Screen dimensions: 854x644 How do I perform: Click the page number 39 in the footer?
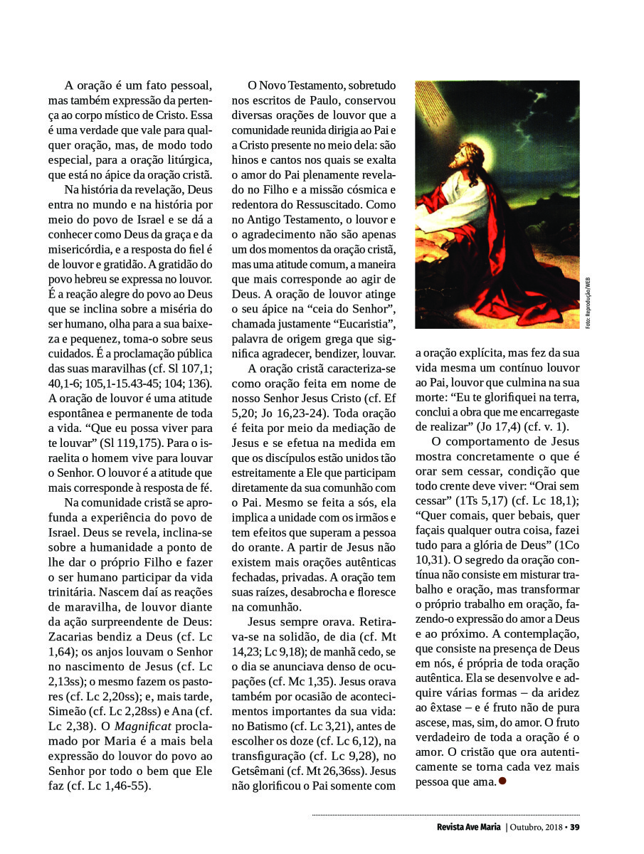575,827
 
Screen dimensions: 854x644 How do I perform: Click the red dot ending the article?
502,781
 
